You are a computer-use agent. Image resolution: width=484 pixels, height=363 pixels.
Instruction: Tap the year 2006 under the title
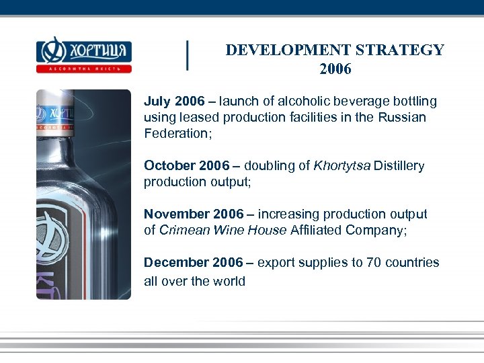click(x=335, y=69)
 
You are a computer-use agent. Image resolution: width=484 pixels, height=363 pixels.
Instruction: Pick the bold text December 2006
click(x=193, y=263)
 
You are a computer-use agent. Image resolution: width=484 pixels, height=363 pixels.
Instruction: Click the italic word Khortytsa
click(x=341, y=166)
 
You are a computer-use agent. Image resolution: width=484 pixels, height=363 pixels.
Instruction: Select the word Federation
click(x=174, y=133)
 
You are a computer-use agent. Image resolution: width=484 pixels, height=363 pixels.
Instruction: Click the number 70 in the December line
click(x=374, y=263)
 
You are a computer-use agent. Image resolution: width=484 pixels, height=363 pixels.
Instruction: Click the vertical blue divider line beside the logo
click(x=187, y=55)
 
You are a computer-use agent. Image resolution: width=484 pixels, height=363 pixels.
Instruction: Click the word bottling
click(x=412, y=102)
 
